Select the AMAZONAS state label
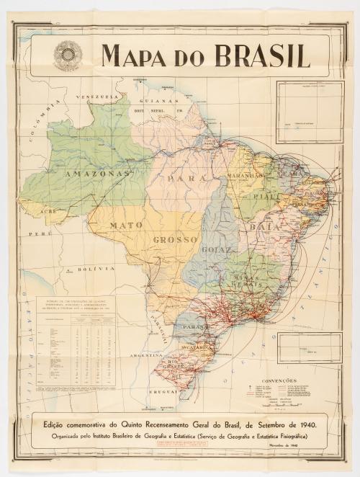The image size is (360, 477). click(x=98, y=174)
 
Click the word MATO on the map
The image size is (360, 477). click(x=127, y=225)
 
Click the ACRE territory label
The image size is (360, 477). click(x=48, y=213)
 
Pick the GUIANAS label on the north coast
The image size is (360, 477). click(x=161, y=102)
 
